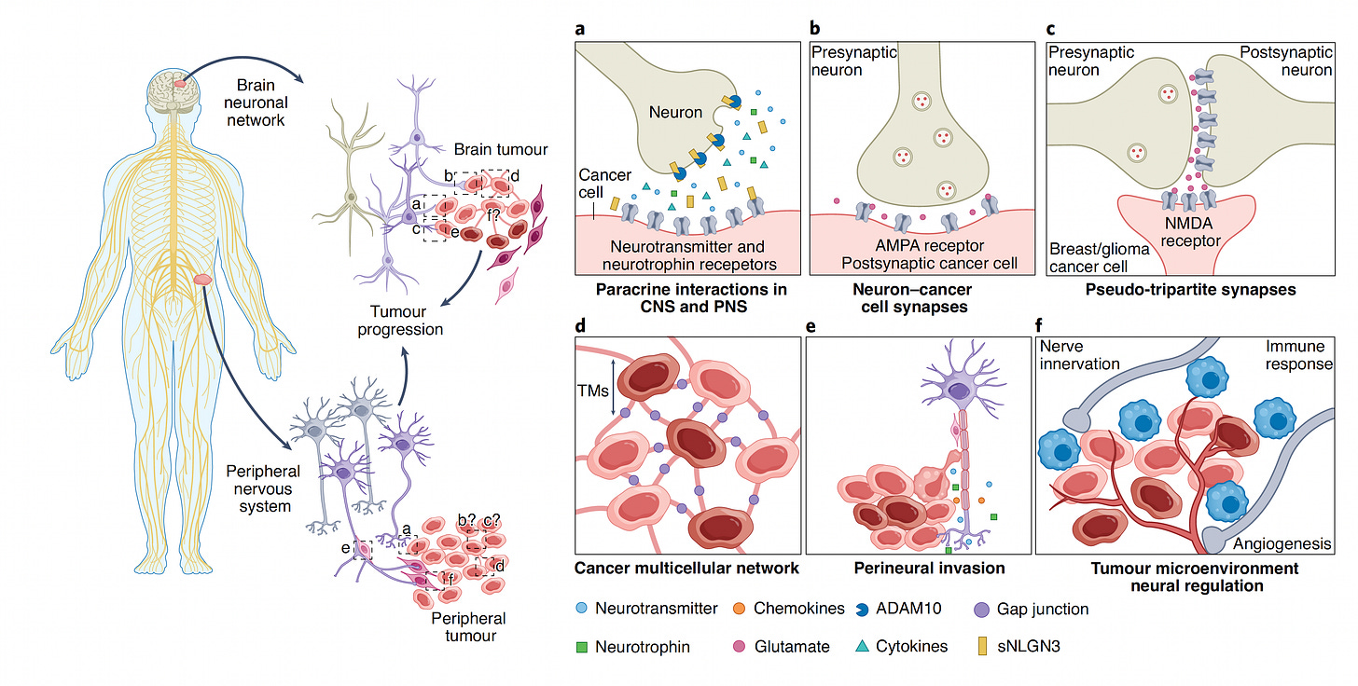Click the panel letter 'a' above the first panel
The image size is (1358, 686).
point(580,29)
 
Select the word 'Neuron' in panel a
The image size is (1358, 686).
point(676,112)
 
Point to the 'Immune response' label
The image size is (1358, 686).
point(1298,355)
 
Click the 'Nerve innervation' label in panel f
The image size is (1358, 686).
point(1080,355)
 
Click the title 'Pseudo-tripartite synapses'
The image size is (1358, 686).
point(1191,290)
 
